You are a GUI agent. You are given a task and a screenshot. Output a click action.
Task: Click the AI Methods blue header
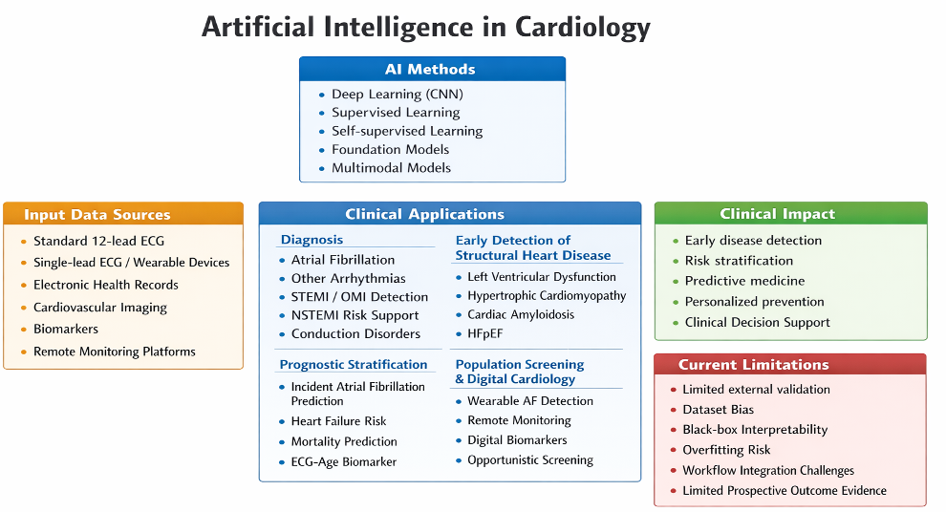[x=432, y=69]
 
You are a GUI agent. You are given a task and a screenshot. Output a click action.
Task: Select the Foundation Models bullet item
[x=390, y=149]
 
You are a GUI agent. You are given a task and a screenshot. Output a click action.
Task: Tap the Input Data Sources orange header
[x=123, y=214]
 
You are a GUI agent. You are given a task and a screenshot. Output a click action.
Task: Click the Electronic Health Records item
[x=105, y=285]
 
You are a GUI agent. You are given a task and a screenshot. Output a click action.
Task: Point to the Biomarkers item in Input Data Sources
[x=65, y=329]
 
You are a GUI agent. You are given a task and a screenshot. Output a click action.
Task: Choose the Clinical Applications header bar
[x=449, y=214]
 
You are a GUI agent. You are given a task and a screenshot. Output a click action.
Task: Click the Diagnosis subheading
[x=312, y=240]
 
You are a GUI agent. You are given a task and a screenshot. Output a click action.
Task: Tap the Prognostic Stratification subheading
[x=354, y=364]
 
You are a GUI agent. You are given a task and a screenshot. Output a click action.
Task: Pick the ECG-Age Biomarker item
[x=343, y=462]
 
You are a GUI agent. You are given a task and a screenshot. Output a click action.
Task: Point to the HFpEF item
[x=485, y=333]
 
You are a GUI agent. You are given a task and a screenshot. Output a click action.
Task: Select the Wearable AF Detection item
[x=529, y=401]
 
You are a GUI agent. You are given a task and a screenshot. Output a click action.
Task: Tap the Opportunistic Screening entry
[x=529, y=460]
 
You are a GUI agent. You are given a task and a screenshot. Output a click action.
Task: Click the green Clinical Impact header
[x=790, y=214]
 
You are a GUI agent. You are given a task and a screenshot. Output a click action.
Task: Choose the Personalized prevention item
[x=754, y=302]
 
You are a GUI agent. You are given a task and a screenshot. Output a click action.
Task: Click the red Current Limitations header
[x=789, y=365]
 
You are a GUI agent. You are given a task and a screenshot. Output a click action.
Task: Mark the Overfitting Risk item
[x=726, y=450]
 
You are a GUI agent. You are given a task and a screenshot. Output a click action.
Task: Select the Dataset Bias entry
[x=718, y=410]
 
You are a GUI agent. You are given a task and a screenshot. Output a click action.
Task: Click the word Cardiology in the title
[x=583, y=27]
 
